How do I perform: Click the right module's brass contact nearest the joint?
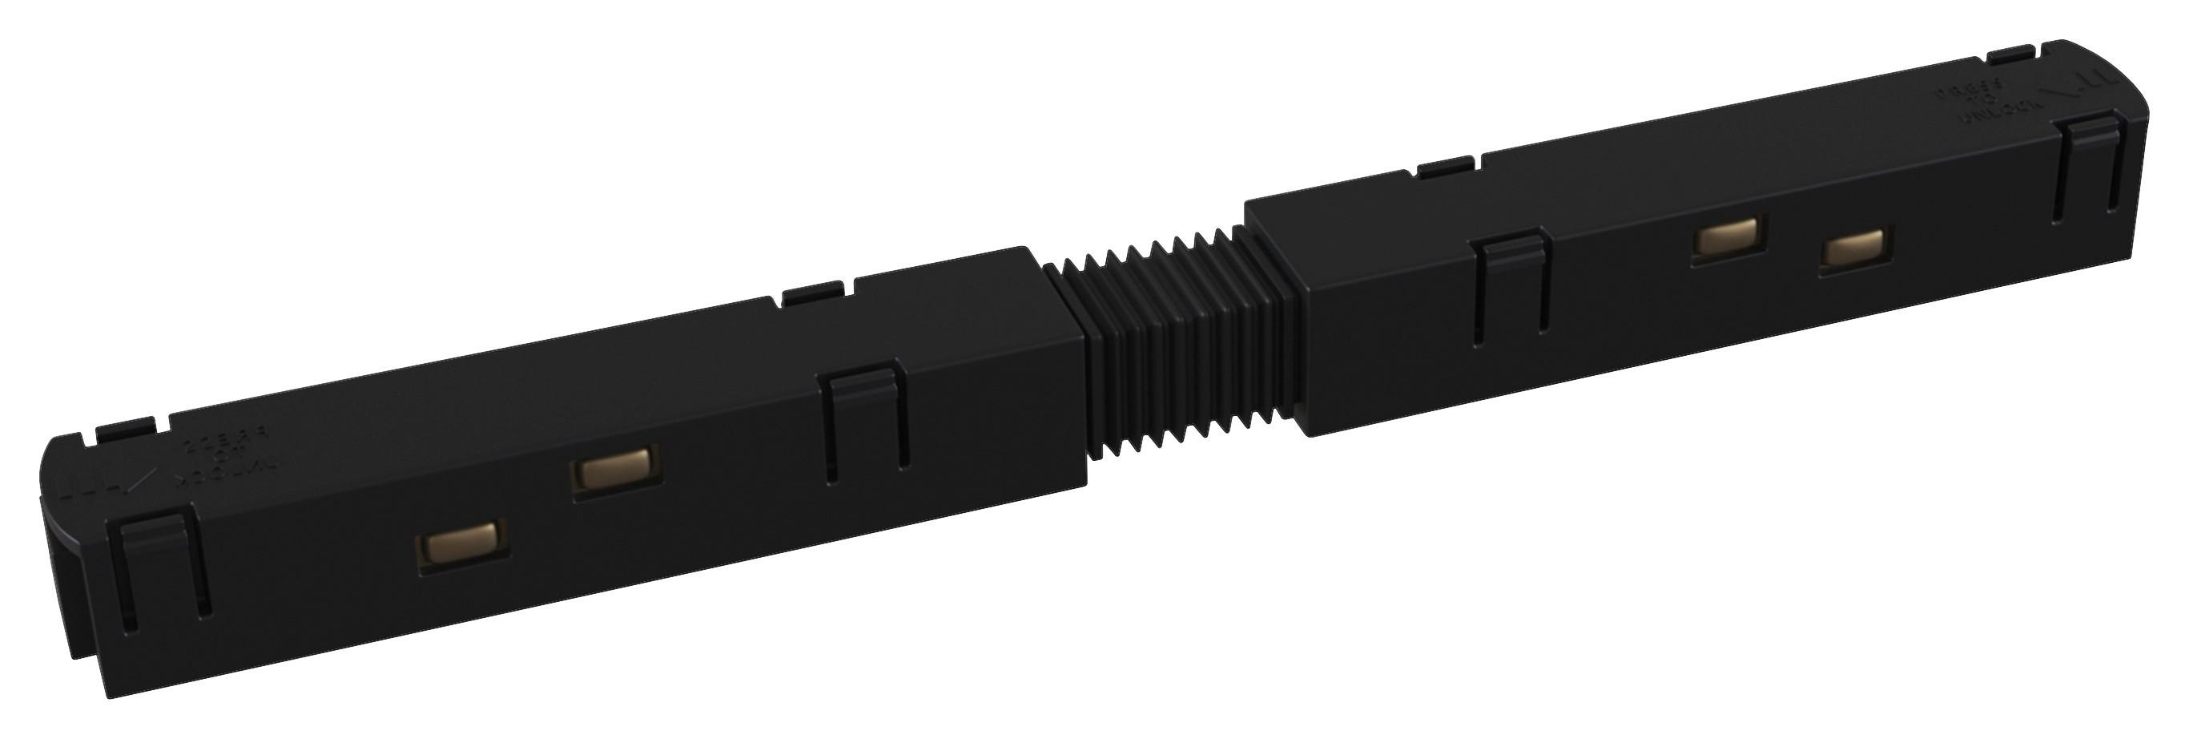pos(1725,237)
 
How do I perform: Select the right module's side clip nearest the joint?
pos(1511,284)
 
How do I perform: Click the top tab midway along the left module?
pos(812,294)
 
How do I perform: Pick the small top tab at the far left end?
pos(125,430)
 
